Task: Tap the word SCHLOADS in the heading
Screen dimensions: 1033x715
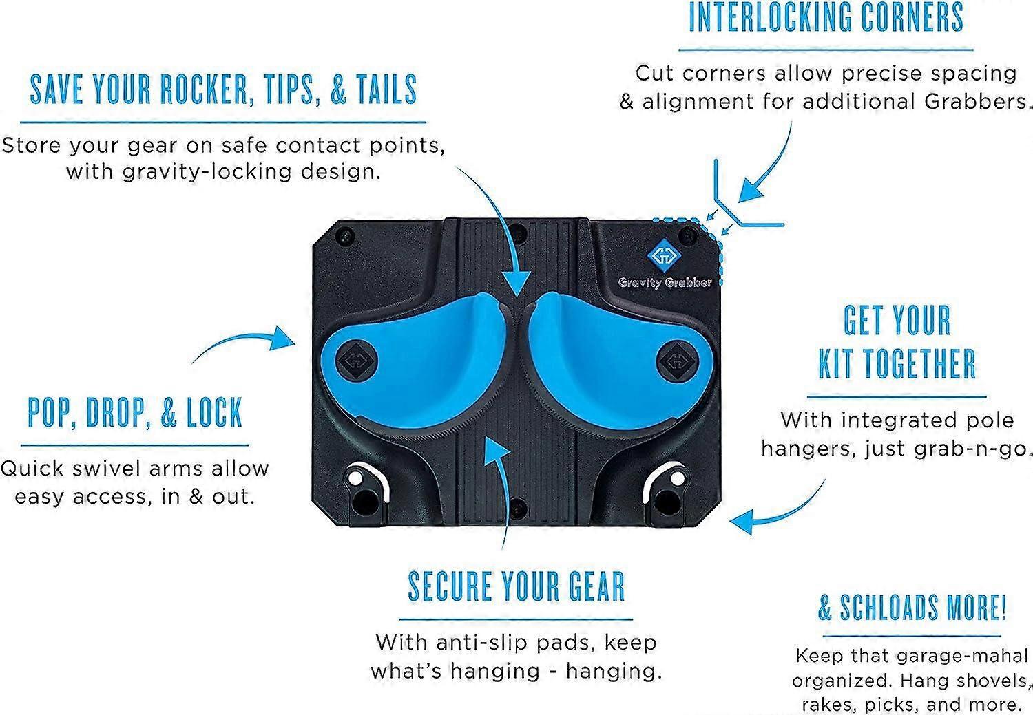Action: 889,607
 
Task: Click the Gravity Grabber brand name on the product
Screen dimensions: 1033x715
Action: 665,282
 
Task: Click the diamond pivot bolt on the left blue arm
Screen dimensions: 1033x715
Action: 356,361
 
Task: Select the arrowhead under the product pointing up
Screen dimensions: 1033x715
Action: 497,451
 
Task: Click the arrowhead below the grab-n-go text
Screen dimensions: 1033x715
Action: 742,521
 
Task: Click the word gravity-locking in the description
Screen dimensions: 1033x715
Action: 207,172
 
